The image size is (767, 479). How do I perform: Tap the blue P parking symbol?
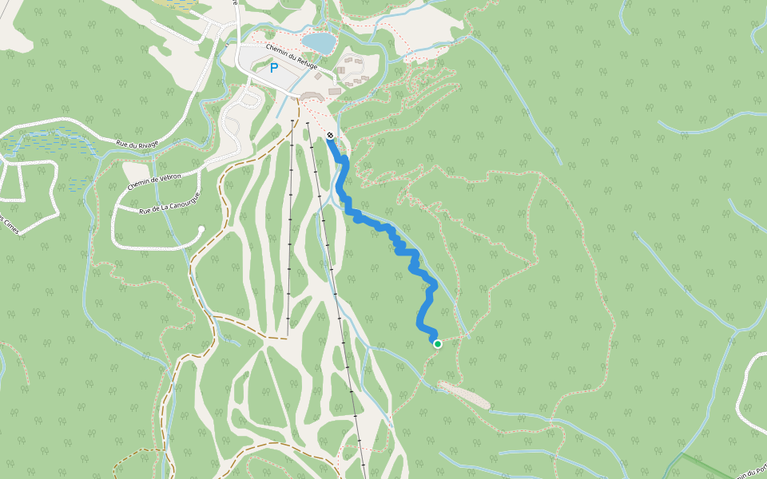(x=274, y=69)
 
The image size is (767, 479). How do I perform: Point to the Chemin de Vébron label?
(x=155, y=180)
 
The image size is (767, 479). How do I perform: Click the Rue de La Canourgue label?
(x=169, y=203)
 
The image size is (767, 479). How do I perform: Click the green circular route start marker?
(x=438, y=344)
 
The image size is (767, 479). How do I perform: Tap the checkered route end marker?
(x=330, y=135)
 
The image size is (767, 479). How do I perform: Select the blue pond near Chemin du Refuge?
(x=319, y=42)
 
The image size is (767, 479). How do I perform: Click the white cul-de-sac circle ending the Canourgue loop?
(x=201, y=230)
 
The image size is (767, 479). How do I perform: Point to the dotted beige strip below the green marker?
(x=463, y=394)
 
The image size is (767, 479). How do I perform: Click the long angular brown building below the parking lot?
(x=311, y=95)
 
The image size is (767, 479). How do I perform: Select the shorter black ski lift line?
(x=290, y=232)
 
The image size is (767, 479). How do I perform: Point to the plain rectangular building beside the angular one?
(x=334, y=92)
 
